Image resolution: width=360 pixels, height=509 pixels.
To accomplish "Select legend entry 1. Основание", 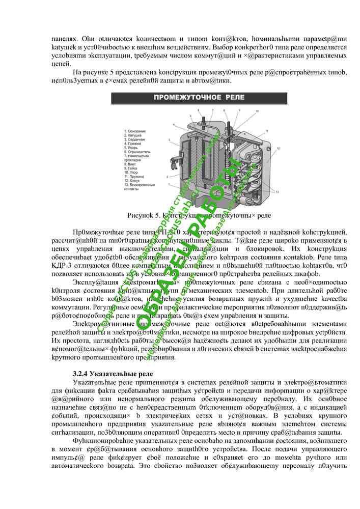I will click(135, 131).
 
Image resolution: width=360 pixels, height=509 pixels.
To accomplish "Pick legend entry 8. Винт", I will click(130, 164).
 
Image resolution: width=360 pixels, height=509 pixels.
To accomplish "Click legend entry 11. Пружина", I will click(134, 176).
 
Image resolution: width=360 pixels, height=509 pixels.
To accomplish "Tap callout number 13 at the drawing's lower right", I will click(276, 192).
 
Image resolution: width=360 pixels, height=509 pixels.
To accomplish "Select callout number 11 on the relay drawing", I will click(266, 131).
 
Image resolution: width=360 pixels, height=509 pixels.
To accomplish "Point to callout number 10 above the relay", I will click(257, 110).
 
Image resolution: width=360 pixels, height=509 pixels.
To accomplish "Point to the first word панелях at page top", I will click(63, 38).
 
